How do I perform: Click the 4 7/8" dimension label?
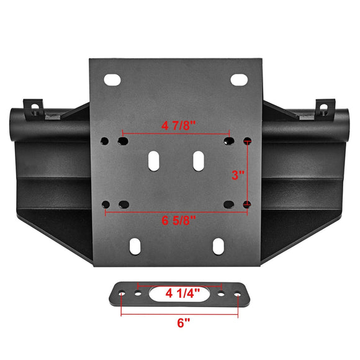click(x=178, y=125)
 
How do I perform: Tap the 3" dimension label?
click(x=236, y=175)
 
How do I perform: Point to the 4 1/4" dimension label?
click(x=179, y=292)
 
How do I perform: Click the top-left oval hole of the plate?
click(x=114, y=80)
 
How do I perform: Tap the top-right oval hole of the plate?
click(x=240, y=80)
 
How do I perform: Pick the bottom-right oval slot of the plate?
click(x=218, y=246)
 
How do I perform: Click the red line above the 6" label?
click(x=179, y=313)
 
